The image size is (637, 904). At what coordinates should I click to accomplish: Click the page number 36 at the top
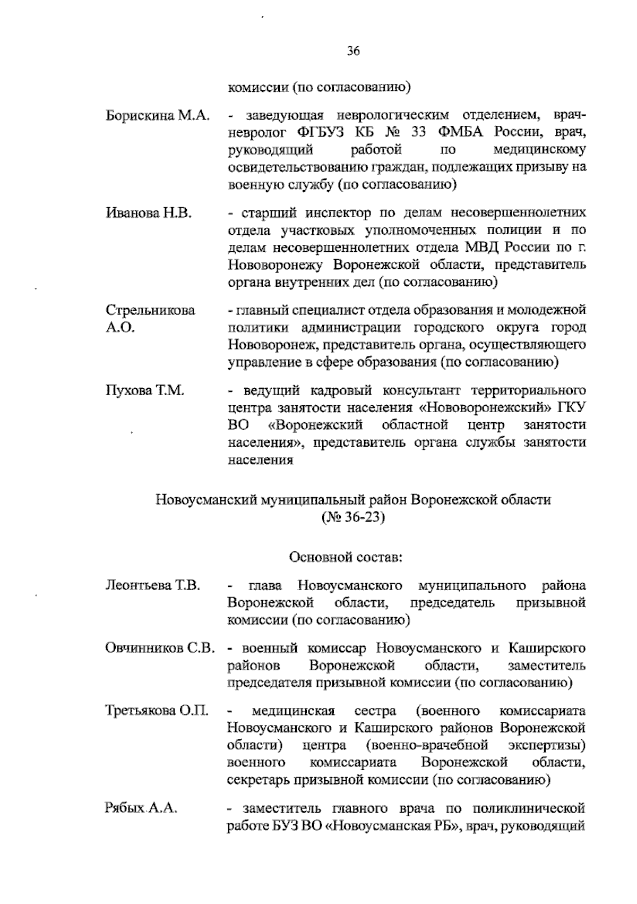coord(354,52)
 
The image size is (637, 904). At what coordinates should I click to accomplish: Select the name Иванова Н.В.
coord(149,213)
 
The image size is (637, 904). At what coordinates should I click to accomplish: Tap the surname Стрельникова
coord(150,310)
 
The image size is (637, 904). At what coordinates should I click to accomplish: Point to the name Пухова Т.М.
coord(145,391)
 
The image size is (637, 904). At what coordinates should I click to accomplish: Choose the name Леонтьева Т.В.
coord(153,586)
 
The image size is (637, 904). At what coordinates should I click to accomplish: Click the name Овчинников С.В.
coord(160,649)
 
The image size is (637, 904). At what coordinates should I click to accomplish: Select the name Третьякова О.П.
coord(157,711)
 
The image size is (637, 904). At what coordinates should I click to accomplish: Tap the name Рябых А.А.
coord(141,808)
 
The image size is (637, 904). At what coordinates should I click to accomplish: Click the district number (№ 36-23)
coord(352,517)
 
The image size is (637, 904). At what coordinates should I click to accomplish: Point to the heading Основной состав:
coord(346,558)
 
